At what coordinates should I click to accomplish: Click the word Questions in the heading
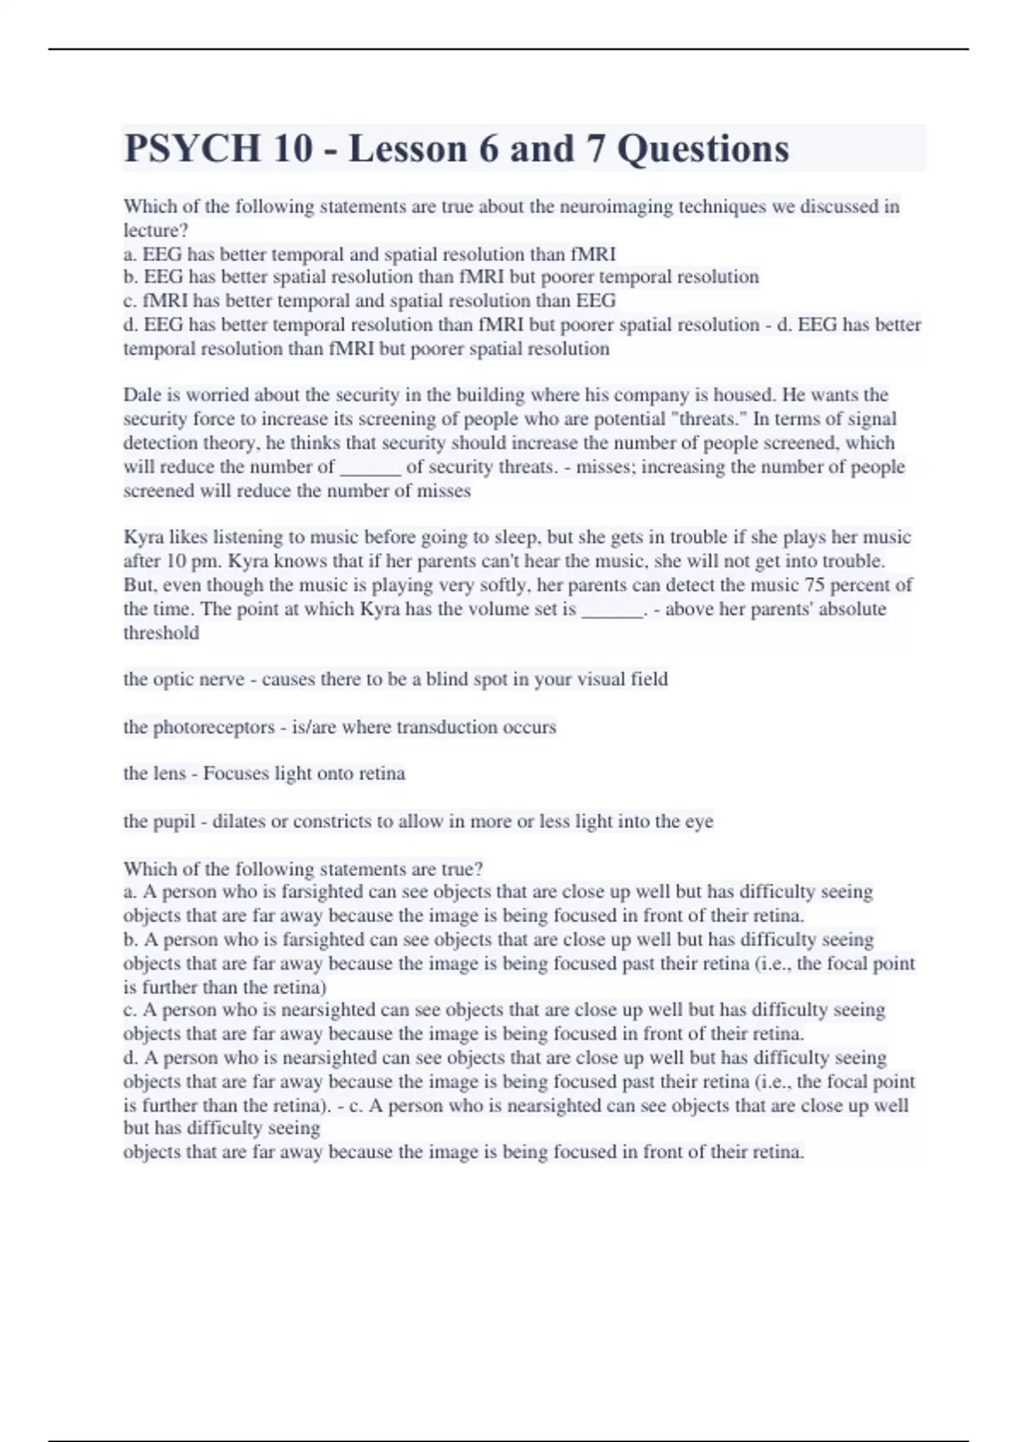click(x=702, y=148)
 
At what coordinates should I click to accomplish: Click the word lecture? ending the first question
click(x=155, y=230)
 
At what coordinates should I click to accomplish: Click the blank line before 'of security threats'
click(x=370, y=468)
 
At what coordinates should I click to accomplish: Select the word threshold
click(x=161, y=633)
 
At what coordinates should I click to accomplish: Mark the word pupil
click(x=174, y=821)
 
